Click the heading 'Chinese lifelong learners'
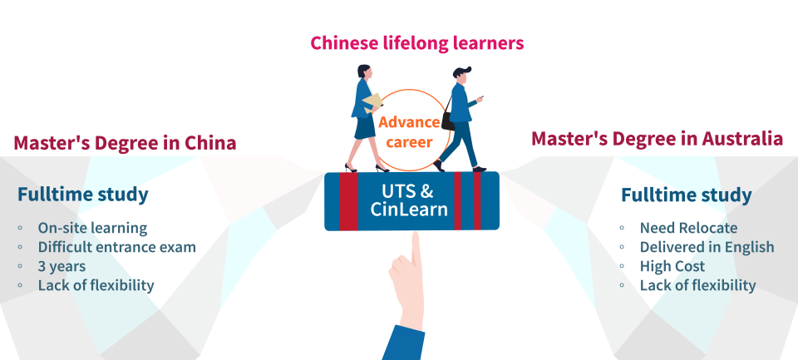coord(417,43)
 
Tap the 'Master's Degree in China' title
coord(125,143)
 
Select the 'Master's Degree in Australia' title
coord(657,138)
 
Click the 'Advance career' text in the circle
coord(409,132)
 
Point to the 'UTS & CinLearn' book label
coord(409,200)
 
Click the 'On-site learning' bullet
coord(92,228)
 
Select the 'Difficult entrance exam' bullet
coord(116,247)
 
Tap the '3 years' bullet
coord(62,266)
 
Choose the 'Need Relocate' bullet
coord(688,228)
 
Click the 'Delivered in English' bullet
coord(707,247)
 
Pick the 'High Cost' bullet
coord(672,266)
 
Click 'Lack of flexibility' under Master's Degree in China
coord(96,285)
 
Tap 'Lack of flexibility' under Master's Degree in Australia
coord(697,285)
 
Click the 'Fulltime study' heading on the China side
coord(83,195)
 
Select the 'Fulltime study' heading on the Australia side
coord(687,195)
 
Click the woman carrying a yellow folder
coord(363,116)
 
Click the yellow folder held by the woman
coord(372,103)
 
